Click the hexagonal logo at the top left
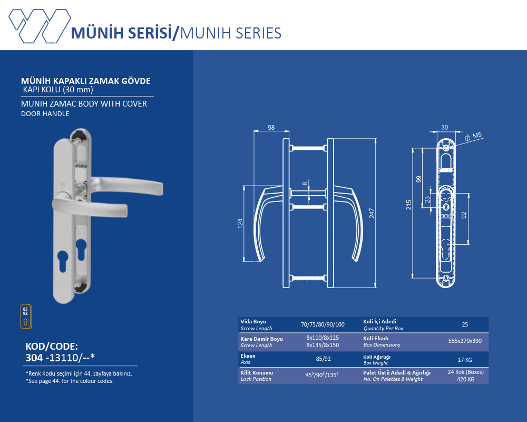40,26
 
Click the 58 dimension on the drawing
271,128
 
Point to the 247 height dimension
372,213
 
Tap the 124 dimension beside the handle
240,224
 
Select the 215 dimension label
409,205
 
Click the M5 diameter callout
473,136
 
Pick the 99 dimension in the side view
418,179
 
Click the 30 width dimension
445,128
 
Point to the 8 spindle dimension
305,184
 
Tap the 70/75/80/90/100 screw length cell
323,324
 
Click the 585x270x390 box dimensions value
465,341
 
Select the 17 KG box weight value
465,360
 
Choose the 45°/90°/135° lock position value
322,375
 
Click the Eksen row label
248,356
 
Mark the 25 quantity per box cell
465,324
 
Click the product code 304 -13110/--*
60,358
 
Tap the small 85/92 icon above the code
26,316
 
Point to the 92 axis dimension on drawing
464,215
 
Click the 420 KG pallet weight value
465,379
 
